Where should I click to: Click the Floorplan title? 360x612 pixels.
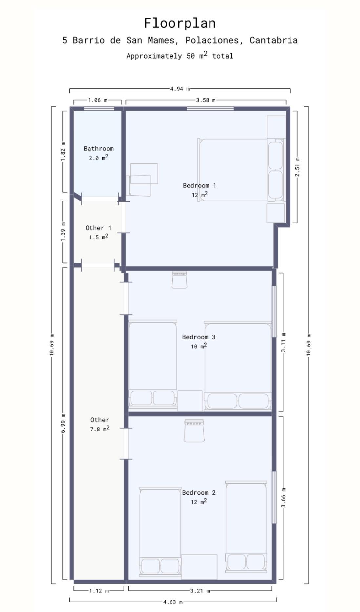pyautogui.click(x=180, y=23)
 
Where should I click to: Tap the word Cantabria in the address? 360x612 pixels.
pyautogui.click(x=273, y=40)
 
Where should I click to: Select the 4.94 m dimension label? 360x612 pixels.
pyautogui.click(x=180, y=89)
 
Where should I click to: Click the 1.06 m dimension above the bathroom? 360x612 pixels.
pyautogui.click(x=97, y=100)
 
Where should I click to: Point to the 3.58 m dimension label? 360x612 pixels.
pyautogui.click(x=206, y=100)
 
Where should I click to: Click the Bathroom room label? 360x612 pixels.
pyautogui.click(x=98, y=149)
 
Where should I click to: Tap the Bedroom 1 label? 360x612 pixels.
pyautogui.click(x=199, y=186)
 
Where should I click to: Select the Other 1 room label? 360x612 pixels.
pyautogui.click(x=98, y=228)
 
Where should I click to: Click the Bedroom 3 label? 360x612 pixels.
pyautogui.click(x=199, y=337)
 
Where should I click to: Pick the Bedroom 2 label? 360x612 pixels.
pyautogui.click(x=199, y=493)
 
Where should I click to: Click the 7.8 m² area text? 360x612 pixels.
pyautogui.click(x=100, y=429)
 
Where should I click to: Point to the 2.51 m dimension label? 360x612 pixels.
pyautogui.click(x=297, y=167)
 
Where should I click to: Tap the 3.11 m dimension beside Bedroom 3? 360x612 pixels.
pyautogui.click(x=284, y=342)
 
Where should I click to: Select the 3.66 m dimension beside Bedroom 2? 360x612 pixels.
pyautogui.click(x=284, y=498)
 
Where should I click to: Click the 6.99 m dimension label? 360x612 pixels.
pyautogui.click(x=63, y=423)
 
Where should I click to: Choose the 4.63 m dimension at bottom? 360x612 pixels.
pyautogui.click(x=173, y=602)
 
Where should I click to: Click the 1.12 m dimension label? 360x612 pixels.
pyautogui.click(x=99, y=591)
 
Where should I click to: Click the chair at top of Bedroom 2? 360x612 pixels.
pyautogui.click(x=194, y=430)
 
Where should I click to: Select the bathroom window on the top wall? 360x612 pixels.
pyautogui.click(x=99, y=109)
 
